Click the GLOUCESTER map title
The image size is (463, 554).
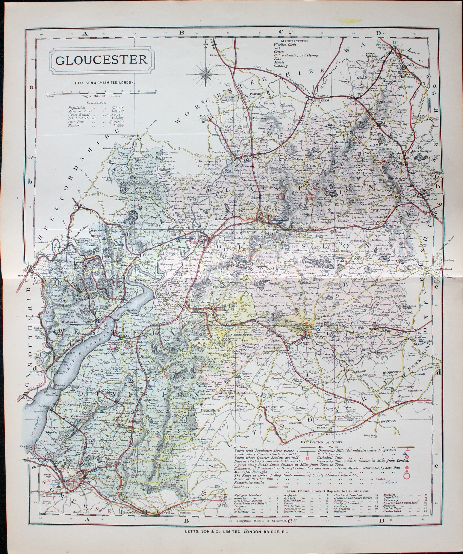click(x=101, y=60)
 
